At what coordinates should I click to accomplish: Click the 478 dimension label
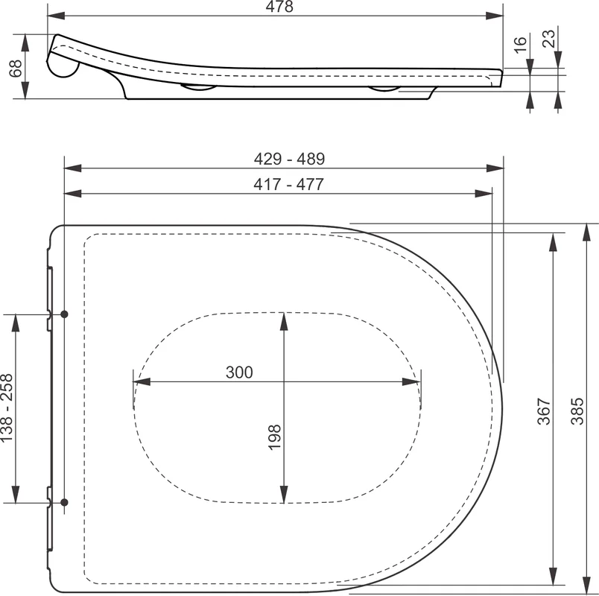click(x=279, y=7)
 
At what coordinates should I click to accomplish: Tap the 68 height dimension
click(x=16, y=69)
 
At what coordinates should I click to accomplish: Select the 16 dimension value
click(x=520, y=45)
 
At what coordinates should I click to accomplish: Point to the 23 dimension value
click(x=549, y=38)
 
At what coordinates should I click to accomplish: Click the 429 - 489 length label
click(x=289, y=159)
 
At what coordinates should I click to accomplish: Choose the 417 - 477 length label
click(x=288, y=185)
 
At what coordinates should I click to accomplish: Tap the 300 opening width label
click(x=239, y=372)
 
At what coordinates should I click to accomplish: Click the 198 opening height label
click(x=275, y=437)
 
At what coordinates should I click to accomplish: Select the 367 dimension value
click(x=544, y=411)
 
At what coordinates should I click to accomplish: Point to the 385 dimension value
click(x=577, y=411)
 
